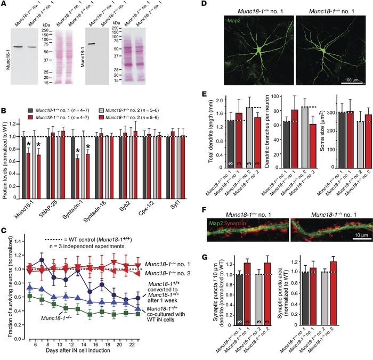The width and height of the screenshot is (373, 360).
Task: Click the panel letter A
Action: [4, 4]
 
